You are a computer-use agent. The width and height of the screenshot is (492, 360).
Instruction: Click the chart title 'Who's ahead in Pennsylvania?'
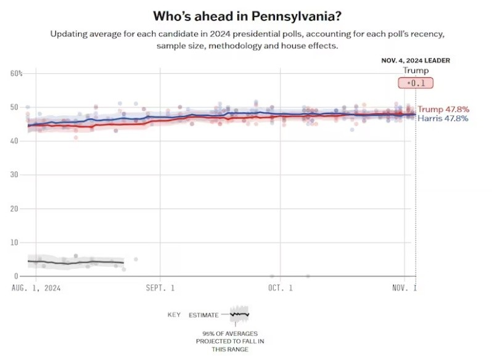pos(245,15)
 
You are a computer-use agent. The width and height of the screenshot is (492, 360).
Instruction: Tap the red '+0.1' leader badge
pos(416,83)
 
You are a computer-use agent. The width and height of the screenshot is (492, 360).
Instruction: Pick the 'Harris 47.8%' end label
pos(443,118)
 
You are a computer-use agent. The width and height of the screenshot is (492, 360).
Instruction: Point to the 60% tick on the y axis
pos(16,73)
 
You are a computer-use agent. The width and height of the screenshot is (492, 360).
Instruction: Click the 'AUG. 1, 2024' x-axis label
pos(37,287)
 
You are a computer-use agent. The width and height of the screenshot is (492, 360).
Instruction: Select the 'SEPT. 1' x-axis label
pos(160,287)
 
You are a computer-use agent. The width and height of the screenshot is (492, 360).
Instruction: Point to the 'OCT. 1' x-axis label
pos(280,287)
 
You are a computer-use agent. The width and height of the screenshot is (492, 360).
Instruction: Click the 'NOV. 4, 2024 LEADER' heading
pos(416,60)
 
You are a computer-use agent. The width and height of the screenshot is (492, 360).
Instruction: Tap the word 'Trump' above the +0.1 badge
pos(416,70)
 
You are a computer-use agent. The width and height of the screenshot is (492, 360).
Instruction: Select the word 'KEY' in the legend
pos(174,315)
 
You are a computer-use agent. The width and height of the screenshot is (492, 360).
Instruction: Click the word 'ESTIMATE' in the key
pos(203,315)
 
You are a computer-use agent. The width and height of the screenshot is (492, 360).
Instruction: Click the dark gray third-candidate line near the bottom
pos(74,263)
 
